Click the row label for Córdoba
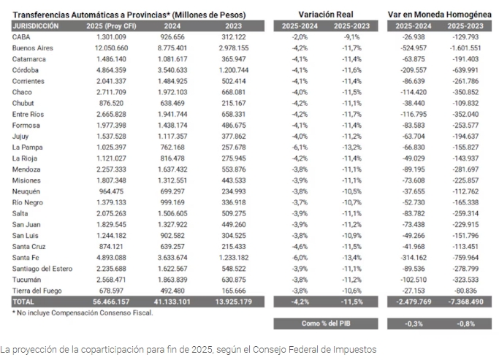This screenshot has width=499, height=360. tap(25, 70)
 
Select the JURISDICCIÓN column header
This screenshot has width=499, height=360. tap(36, 26)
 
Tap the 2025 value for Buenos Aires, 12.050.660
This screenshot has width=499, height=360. tap(111, 48)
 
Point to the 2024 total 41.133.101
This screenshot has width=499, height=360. tap(172, 302)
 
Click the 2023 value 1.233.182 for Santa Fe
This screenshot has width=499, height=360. tap(234, 258)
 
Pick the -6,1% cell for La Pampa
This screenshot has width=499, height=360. tap(300, 148)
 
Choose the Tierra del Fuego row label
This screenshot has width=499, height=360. tap(37, 291)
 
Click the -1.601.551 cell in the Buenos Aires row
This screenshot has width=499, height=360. tap(465, 48)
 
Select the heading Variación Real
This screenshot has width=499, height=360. tap(326, 15)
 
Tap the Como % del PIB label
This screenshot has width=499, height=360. tap(326, 323)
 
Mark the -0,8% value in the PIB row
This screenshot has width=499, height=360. tap(465, 323)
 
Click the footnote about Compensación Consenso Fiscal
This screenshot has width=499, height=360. tap(83, 313)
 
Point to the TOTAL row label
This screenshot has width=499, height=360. tap(23, 302)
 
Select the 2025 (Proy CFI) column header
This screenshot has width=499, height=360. tap(111, 26)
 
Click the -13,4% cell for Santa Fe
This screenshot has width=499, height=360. tap(351, 258)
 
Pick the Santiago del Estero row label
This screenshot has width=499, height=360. tap(42, 269)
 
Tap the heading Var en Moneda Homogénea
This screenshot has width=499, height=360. tap(440, 15)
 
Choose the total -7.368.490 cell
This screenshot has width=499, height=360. tap(465, 302)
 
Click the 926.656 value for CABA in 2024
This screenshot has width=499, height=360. tap(172, 37)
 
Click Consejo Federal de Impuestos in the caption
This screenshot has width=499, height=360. tap(314, 350)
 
